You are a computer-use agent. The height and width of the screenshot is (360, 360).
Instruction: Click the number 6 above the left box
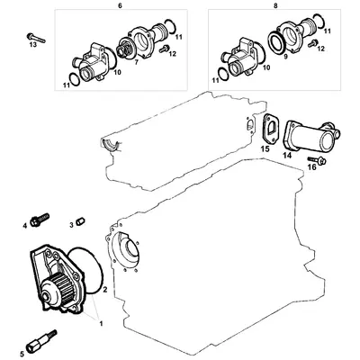click(120, 5)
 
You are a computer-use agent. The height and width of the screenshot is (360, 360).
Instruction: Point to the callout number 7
click(135, 63)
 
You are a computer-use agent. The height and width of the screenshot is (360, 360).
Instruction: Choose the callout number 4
click(25, 225)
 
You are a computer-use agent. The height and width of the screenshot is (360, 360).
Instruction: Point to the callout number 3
click(71, 225)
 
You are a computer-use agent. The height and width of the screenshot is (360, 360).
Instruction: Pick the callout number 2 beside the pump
click(105, 291)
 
